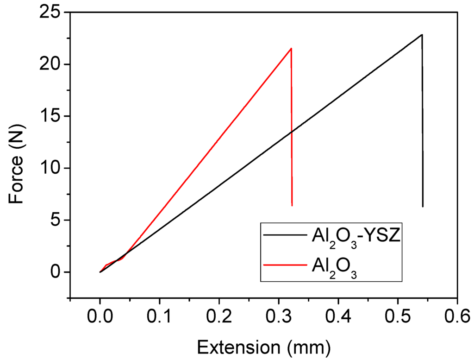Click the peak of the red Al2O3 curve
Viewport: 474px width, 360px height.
[x=291, y=48]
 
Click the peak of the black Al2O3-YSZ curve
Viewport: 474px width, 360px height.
[x=422, y=35]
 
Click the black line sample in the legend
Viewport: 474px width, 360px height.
[x=283, y=235]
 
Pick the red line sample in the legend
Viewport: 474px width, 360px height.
[x=283, y=264]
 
